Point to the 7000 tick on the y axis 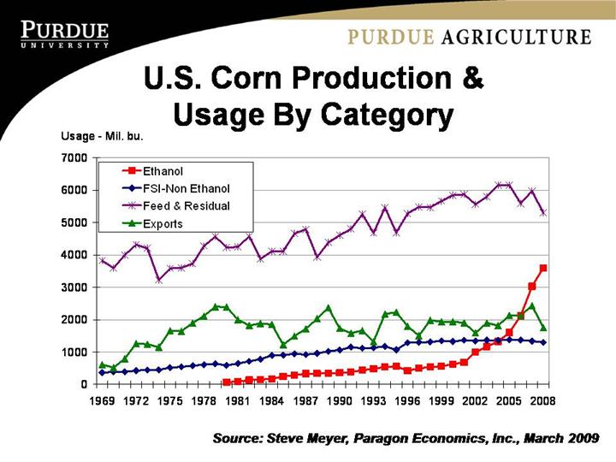(74, 158)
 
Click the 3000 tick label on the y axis (74, 287)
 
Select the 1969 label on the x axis (103, 400)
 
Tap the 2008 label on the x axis (543, 400)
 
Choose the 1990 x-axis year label (341, 400)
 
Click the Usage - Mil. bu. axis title (100, 136)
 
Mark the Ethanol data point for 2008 (543, 268)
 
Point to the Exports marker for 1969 (103, 364)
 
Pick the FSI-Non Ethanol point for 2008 (543, 342)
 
